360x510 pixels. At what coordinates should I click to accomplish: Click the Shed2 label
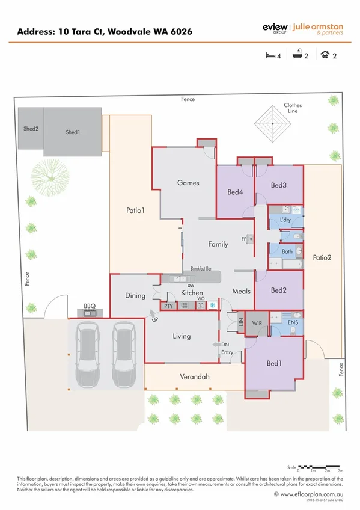[x=31, y=127]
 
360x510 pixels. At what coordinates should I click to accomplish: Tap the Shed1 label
[x=73, y=132]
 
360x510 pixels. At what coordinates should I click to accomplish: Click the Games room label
[x=188, y=183]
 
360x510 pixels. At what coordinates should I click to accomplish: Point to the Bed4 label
[x=235, y=193]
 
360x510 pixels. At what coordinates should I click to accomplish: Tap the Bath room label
[x=287, y=251]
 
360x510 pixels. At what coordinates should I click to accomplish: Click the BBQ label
[x=90, y=306]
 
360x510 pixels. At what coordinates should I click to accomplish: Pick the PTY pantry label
[x=169, y=306]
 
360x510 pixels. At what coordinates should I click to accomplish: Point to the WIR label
[x=257, y=324]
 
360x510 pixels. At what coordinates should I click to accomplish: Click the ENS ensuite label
[x=293, y=323]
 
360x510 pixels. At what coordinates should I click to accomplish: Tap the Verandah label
[x=195, y=378]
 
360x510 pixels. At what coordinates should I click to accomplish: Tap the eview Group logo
[x=275, y=28]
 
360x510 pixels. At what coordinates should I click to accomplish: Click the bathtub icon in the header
[x=297, y=55]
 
